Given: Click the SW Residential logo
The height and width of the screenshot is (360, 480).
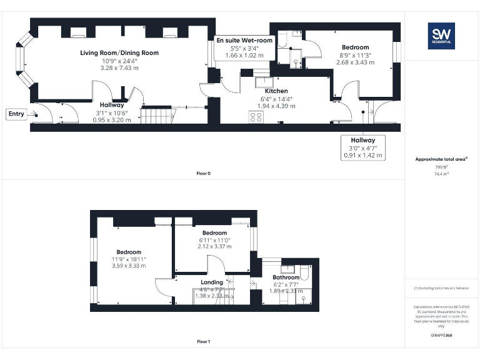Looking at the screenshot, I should click(x=441, y=36).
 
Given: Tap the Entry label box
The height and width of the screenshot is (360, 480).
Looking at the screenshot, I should click(x=16, y=114).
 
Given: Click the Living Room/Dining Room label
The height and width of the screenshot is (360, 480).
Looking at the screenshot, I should click(x=119, y=53).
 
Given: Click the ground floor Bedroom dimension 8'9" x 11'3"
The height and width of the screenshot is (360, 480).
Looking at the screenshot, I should click(x=355, y=55).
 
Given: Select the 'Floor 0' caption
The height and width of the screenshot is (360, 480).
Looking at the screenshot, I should click(x=203, y=173).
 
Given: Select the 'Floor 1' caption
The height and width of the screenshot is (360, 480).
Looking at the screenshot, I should click(x=203, y=342).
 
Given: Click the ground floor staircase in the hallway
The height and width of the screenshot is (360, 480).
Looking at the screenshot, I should click(x=157, y=116).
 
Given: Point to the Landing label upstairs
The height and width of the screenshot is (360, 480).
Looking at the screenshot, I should click(x=212, y=282).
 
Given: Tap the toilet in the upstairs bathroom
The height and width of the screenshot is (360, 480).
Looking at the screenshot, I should click(x=305, y=272).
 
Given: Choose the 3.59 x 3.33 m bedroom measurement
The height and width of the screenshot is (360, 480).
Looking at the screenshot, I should click(x=129, y=266).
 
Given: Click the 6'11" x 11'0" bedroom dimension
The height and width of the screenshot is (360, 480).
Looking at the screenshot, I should click(x=214, y=240).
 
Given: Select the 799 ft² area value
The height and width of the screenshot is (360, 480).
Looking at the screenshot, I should click(x=441, y=167).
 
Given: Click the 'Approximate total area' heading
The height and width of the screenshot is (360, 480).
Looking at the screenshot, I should click(x=441, y=159).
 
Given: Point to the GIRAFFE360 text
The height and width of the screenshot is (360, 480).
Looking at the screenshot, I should click(x=441, y=336).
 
